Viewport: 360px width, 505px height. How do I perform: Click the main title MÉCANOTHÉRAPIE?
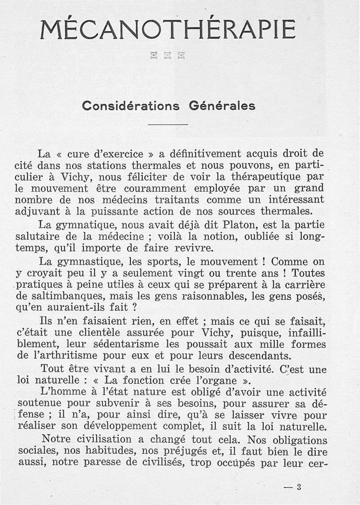[x=167, y=30]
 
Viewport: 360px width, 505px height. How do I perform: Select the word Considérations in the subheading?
[x=131, y=106]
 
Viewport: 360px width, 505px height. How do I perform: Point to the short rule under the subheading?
[x=167, y=124]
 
